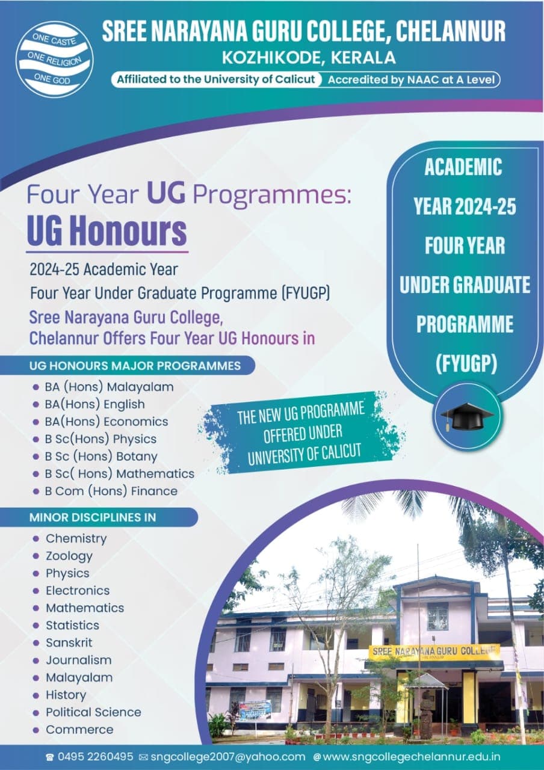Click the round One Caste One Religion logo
(x=54, y=59)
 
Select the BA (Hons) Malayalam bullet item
(x=109, y=387)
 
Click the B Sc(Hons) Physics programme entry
(x=100, y=439)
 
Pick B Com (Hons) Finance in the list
(x=111, y=491)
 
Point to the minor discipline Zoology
(x=69, y=556)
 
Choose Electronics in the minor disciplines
(x=78, y=590)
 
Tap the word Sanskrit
(x=69, y=642)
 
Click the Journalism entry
(x=78, y=660)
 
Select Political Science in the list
(x=93, y=712)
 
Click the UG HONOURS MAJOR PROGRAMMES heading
(x=135, y=366)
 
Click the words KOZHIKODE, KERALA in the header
(x=309, y=58)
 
